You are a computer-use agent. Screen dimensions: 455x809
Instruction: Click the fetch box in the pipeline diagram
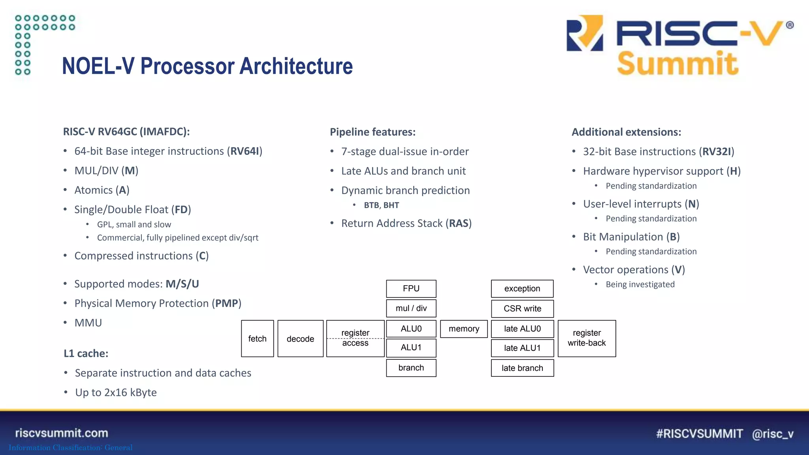pos(257,338)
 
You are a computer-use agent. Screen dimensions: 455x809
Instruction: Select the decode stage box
pos(300,338)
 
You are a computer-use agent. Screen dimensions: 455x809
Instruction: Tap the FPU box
pos(411,288)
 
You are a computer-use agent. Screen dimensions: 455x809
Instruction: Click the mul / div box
pos(411,308)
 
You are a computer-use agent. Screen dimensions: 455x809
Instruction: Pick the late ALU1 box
pos(522,348)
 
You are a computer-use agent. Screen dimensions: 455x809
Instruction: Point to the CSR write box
pos(522,308)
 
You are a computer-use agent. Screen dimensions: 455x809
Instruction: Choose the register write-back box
pos(586,338)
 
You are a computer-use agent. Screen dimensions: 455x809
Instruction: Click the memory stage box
pos(464,329)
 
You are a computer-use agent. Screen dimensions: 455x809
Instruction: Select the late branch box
pos(522,368)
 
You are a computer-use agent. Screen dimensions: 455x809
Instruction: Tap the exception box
pos(522,288)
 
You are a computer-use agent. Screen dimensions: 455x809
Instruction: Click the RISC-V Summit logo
pos(679,45)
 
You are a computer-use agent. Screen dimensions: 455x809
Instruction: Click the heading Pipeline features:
pos(373,132)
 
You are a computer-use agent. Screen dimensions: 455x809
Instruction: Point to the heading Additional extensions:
pos(626,132)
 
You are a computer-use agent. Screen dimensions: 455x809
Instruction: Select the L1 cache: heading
pos(86,353)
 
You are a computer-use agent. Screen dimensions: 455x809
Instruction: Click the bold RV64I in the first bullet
pos(245,151)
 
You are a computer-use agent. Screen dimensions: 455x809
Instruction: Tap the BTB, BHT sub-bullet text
pos(381,205)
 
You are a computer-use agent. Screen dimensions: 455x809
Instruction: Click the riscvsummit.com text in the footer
pos(62,433)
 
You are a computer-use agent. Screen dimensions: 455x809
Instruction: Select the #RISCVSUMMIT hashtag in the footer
pos(699,434)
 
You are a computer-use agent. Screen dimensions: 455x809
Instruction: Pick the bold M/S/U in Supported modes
pos(182,284)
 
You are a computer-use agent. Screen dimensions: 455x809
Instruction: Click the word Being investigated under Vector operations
pos(640,284)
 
